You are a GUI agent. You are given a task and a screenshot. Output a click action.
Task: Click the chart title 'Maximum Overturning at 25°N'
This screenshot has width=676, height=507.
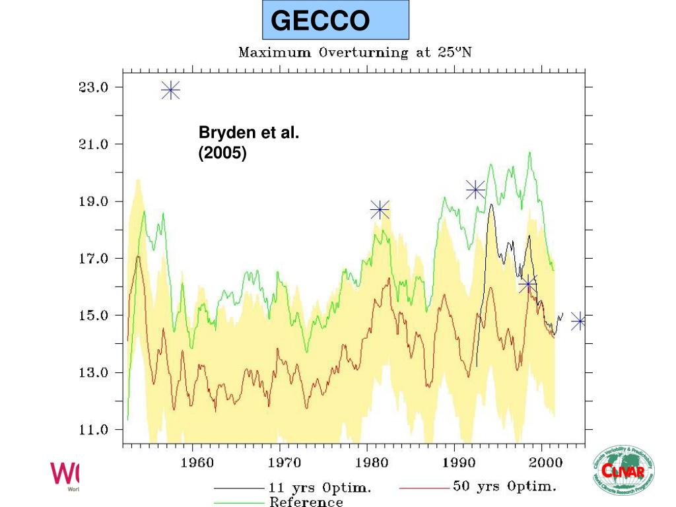355,52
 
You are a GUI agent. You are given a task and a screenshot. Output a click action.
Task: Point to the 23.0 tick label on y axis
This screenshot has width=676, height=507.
94,87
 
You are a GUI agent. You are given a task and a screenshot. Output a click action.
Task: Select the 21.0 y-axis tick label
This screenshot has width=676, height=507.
94,144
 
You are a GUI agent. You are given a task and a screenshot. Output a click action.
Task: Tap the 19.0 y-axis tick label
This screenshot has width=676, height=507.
94,201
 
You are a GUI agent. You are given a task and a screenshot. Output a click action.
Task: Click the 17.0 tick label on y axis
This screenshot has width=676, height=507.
94,259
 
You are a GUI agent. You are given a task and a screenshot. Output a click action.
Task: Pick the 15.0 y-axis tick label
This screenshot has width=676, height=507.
94,316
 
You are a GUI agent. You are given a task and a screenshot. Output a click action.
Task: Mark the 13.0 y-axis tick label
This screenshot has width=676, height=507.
94,372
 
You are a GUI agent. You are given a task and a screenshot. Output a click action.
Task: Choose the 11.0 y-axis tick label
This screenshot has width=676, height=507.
94,430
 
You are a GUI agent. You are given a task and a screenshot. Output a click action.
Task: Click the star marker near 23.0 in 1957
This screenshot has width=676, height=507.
171,90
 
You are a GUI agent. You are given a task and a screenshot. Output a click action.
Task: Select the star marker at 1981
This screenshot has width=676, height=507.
380,210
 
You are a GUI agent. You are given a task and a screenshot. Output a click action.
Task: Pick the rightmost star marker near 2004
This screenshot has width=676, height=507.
578,321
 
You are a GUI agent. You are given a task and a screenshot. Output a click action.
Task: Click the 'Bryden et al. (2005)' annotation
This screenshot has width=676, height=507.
249,143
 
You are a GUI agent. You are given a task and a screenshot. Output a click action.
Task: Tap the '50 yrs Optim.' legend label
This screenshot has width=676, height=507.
504,487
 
